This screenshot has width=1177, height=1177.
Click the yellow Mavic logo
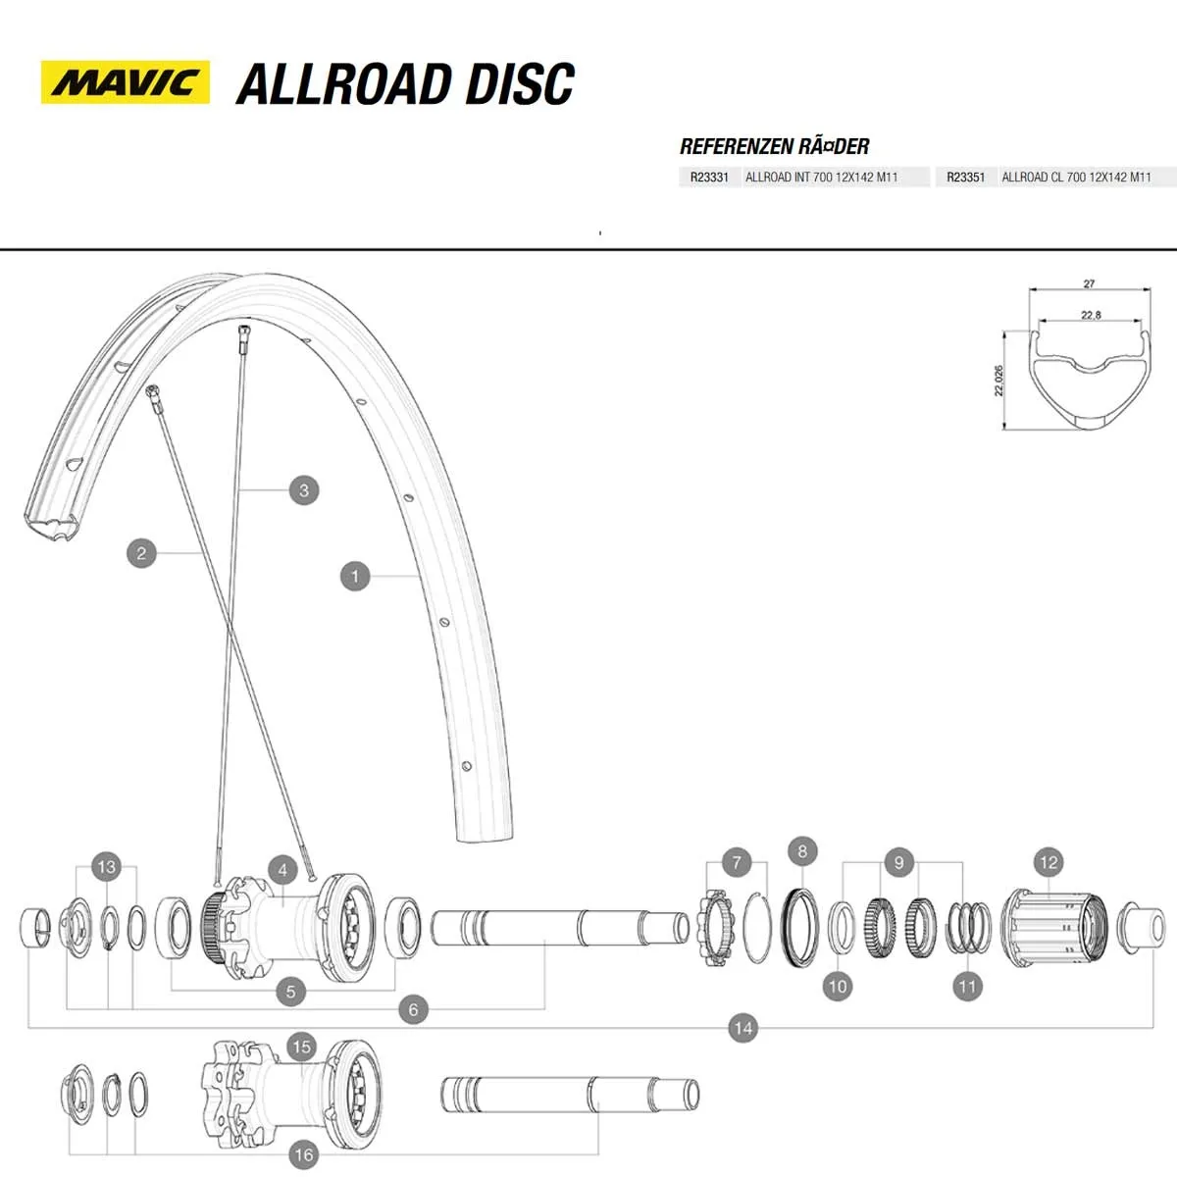pyautogui.click(x=125, y=82)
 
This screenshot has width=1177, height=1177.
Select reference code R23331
pyautogui.click(x=708, y=178)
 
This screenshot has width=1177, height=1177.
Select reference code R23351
pyautogui.click(x=965, y=178)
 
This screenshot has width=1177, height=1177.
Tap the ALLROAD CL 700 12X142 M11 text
pyautogui.click(x=1076, y=178)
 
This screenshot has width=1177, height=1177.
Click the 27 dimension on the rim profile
pyautogui.click(x=1089, y=284)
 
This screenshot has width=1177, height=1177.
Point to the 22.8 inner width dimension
pyautogui.click(x=1090, y=315)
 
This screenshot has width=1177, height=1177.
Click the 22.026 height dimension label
pyautogui.click(x=998, y=381)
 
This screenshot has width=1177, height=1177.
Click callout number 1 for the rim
pyautogui.click(x=355, y=576)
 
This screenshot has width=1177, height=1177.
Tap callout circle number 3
pyautogui.click(x=304, y=490)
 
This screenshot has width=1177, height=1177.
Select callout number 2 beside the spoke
pyautogui.click(x=141, y=553)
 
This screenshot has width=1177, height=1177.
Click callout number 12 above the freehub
pyautogui.click(x=1049, y=862)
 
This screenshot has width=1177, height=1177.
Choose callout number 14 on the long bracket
pyautogui.click(x=742, y=1028)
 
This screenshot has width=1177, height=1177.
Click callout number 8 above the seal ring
pyautogui.click(x=802, y=851)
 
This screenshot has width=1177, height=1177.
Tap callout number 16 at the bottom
pyautogui.click(x=303, y=1154)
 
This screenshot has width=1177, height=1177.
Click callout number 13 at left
pyautogui.click(x=106, y=866)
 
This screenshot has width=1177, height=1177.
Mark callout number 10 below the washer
pyautogui.click(x=837, y=986)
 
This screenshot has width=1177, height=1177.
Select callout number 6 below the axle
pyautogui.click(x=413, y=1009)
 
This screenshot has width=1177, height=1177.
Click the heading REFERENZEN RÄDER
pyautogui.click(x=774, y=147)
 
